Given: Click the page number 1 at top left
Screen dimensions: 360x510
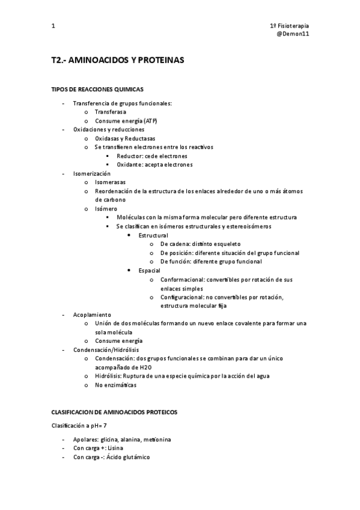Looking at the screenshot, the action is click(x=53, y=26).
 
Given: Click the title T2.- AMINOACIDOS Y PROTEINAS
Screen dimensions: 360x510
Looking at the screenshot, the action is click(x=117, y=61).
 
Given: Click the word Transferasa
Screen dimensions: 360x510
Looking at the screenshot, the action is click(x=111, y=112).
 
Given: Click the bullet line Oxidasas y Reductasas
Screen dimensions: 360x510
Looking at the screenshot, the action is click(x=124, y=138).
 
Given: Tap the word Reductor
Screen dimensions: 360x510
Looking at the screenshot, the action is click(x=129, y=156).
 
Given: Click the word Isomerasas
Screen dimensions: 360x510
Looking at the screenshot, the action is click(x=111, y=182).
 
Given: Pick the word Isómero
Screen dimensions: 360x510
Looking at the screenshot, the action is click(x=106, y=209).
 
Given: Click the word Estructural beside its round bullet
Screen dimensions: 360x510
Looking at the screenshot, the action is click(x=153, y=235).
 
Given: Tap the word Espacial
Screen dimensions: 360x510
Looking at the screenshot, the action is click(x=149, y=271).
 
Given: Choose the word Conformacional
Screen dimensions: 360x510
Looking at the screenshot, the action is click(x=182, y=280).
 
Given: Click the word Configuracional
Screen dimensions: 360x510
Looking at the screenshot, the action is click(x=183, y=297).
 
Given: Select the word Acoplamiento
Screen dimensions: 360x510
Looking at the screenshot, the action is click(x=92, y=315).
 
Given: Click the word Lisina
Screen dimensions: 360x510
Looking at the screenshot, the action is click(x=117, y=448).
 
